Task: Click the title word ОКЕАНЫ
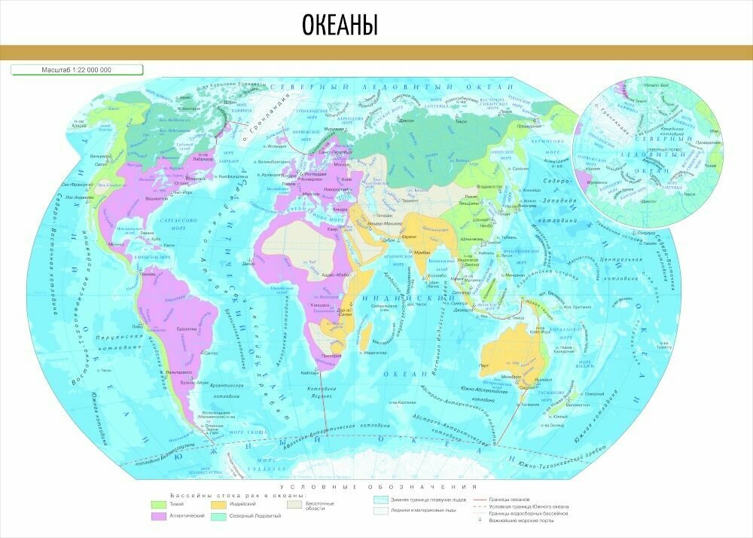tap(340, 25)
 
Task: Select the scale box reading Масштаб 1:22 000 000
tap(76, 70)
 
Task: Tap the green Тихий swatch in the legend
tap(158, 504)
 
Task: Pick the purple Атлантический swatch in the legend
tap(158, 516)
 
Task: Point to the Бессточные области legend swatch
tap(297, 504)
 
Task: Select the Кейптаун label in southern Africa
tap(309, 372)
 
